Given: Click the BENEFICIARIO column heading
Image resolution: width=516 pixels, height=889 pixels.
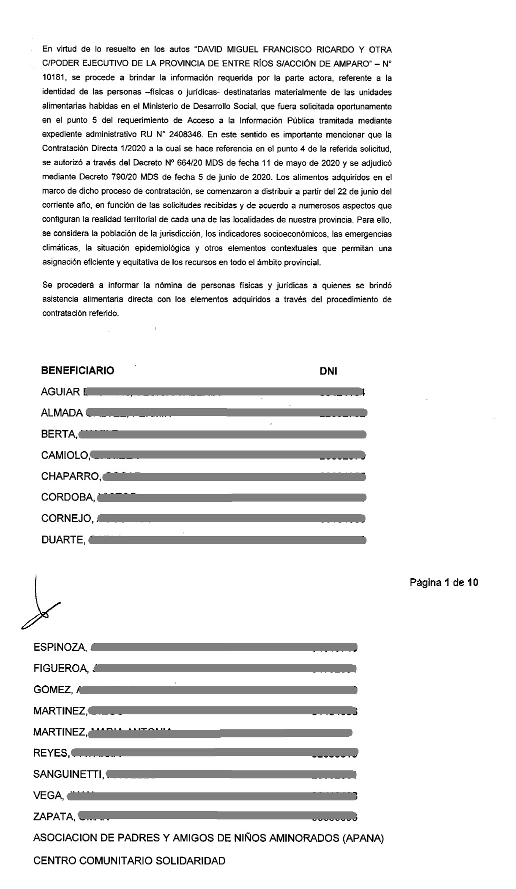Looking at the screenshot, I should tap(77, 371).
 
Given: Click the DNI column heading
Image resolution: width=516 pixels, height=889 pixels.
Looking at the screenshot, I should tap(328, 371).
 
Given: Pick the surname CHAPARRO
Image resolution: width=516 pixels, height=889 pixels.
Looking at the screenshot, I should tap(70, 477).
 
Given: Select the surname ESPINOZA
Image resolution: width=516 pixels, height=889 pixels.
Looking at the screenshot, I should tap(59, 647).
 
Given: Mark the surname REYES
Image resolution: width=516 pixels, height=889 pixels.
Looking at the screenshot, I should tap(50, 753).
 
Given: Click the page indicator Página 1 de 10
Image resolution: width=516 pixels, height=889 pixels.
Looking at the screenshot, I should tap(443, 583).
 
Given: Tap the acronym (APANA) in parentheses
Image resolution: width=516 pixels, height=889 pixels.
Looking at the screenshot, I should tap(363, 838).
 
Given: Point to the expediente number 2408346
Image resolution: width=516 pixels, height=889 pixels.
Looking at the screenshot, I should tap(186, 135).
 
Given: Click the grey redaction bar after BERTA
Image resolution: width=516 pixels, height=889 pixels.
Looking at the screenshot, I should tap(222, 434).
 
